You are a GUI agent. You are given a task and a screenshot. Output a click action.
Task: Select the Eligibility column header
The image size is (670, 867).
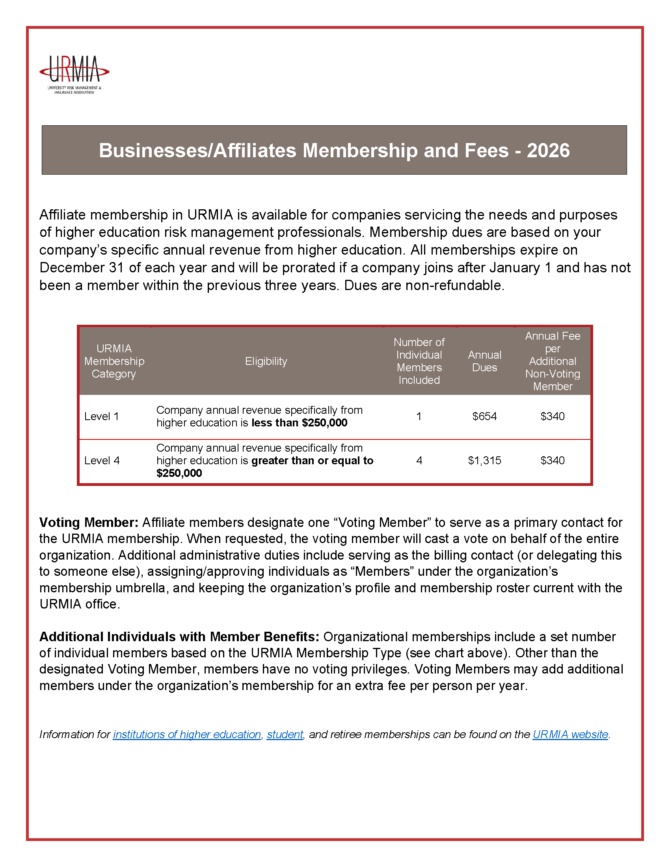[266, 361]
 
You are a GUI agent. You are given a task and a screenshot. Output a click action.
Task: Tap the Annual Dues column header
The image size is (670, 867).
[484, 361]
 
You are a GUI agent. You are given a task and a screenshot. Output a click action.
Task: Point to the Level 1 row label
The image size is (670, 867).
[102, 417]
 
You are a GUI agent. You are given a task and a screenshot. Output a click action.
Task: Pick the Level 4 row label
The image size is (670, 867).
[102, 460]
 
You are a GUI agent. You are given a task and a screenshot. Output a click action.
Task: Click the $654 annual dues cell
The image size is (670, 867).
[484, 417]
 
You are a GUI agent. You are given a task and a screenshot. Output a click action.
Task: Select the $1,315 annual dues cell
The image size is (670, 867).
[484, 460]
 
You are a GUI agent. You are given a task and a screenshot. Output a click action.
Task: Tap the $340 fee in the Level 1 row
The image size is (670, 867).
[553, 417]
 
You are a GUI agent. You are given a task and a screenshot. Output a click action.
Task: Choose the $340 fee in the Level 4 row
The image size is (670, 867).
[553, 460]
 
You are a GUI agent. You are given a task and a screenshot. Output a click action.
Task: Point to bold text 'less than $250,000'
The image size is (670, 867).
[299, 423]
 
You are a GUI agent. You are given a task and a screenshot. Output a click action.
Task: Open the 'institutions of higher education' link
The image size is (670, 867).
[187, 735]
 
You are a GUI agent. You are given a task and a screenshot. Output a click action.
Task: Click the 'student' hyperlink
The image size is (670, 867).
[285, 735]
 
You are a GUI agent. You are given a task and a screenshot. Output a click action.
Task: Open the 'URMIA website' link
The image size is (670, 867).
[570, 735]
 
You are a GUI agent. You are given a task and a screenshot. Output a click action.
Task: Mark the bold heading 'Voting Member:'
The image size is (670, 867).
[89, 523]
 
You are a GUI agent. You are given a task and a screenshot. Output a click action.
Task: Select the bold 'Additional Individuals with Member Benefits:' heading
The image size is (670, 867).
[179, 637]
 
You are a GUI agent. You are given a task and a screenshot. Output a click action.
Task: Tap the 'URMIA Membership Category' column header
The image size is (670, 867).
[114, 361]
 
